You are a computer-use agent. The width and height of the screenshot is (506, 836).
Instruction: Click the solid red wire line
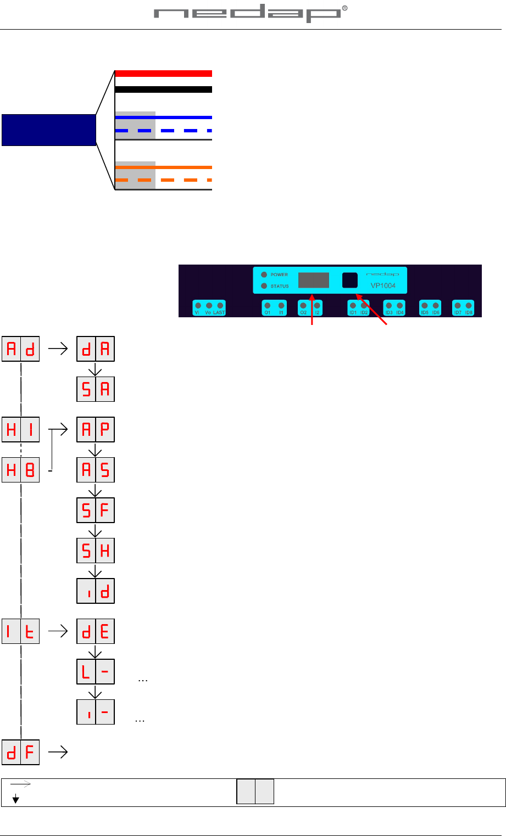163,74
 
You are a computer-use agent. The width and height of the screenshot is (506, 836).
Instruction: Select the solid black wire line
163,89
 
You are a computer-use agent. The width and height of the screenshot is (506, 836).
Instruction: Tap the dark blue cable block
48,130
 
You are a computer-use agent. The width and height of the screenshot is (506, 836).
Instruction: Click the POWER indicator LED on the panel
264,274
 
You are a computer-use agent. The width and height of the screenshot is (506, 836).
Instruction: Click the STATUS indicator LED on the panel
264,286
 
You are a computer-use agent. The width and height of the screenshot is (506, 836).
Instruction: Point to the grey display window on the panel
314,280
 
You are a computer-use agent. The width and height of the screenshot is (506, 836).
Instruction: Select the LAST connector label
220,312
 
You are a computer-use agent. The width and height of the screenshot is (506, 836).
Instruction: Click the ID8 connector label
469,312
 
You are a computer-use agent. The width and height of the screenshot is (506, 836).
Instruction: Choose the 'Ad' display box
21,350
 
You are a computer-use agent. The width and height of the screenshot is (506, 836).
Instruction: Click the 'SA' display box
96,389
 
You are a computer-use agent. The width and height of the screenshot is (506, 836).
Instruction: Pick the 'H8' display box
21,470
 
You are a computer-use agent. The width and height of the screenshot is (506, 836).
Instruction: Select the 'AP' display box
96,430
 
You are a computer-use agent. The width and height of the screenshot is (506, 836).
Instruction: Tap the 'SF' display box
96,510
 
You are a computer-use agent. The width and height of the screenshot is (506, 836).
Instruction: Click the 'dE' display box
96,631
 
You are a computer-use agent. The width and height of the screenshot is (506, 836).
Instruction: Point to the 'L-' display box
96,671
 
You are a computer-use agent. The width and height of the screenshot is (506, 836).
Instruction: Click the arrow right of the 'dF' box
58,752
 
